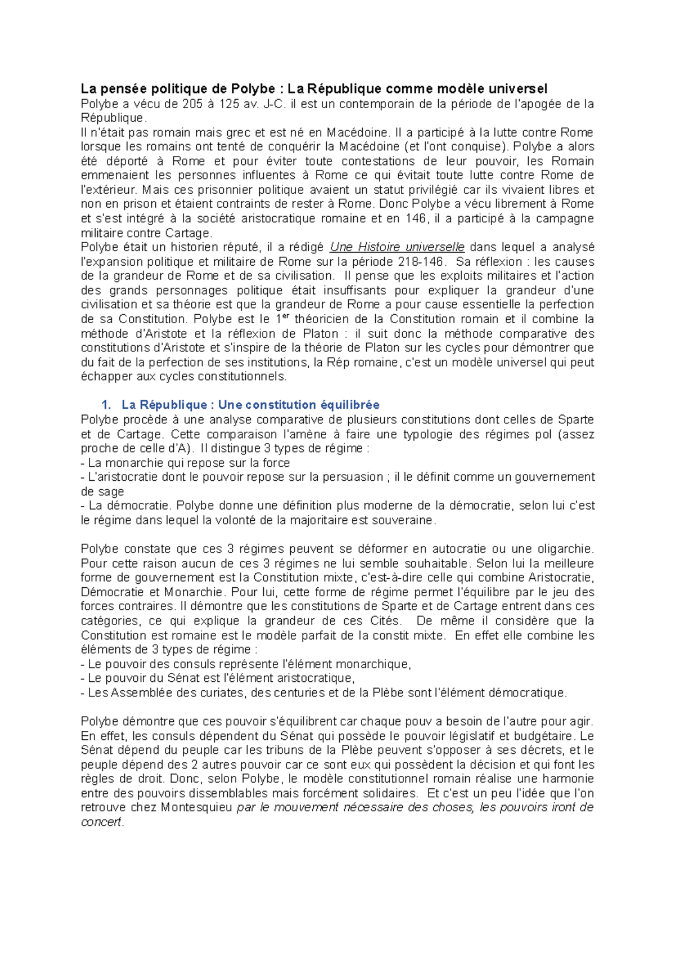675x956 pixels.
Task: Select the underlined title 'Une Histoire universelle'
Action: [397, 247]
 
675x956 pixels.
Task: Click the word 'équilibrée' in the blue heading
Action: [350, 405]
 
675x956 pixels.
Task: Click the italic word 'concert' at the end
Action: [101, 822]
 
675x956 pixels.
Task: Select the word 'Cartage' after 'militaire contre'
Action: [187, 233]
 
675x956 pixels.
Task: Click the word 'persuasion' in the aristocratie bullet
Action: [354, 477]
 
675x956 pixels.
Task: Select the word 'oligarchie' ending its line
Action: [564, 549]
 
